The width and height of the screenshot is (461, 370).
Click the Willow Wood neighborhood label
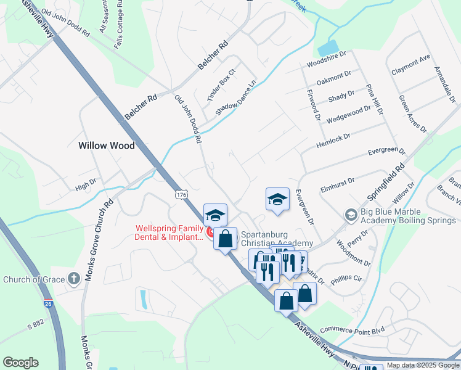coord(107,146)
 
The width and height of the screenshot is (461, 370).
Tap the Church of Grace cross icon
coord(75,279)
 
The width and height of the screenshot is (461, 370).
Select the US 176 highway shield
coord(181,195)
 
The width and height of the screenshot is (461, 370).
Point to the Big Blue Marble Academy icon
coord(351,215)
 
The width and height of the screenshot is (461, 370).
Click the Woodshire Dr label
coord(327,65)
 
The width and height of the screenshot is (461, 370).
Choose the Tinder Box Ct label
coord(221,85)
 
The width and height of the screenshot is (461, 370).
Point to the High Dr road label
coord(86,184)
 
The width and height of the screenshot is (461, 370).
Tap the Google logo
coord(20,363)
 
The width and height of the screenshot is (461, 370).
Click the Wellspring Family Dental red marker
coord(210,232)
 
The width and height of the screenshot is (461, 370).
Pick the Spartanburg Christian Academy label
coord(277,239)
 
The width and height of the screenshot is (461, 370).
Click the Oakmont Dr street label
coord(333,81)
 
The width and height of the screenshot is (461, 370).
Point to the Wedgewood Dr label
coord(349,112)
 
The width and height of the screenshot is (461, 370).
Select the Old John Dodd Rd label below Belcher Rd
coord(189,119)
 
